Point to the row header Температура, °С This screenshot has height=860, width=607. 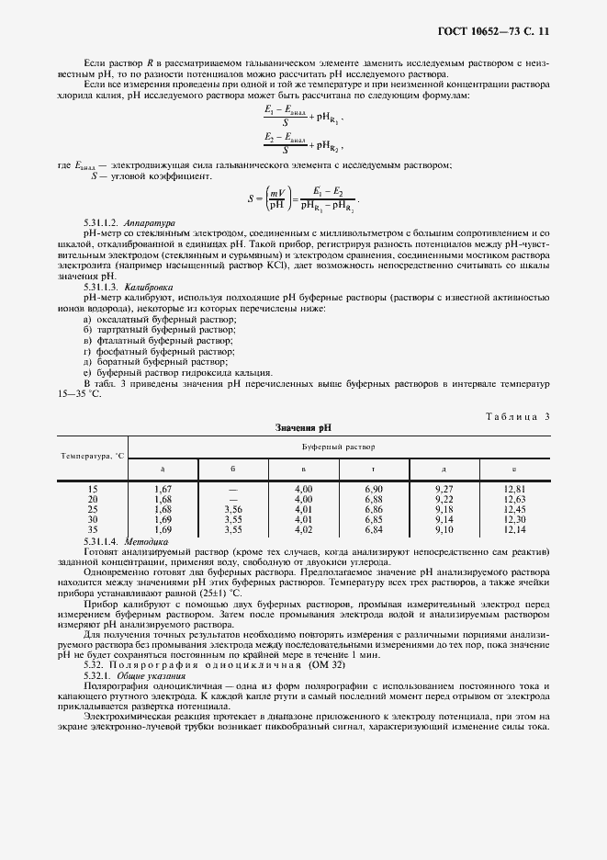(x=93, y=455)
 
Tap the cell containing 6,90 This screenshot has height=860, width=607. (x=373, y=489)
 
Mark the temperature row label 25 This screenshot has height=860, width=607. (x=92, y=509)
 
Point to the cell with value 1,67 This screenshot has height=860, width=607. (x=163, y=489)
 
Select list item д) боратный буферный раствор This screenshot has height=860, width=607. (x=143, y=361)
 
